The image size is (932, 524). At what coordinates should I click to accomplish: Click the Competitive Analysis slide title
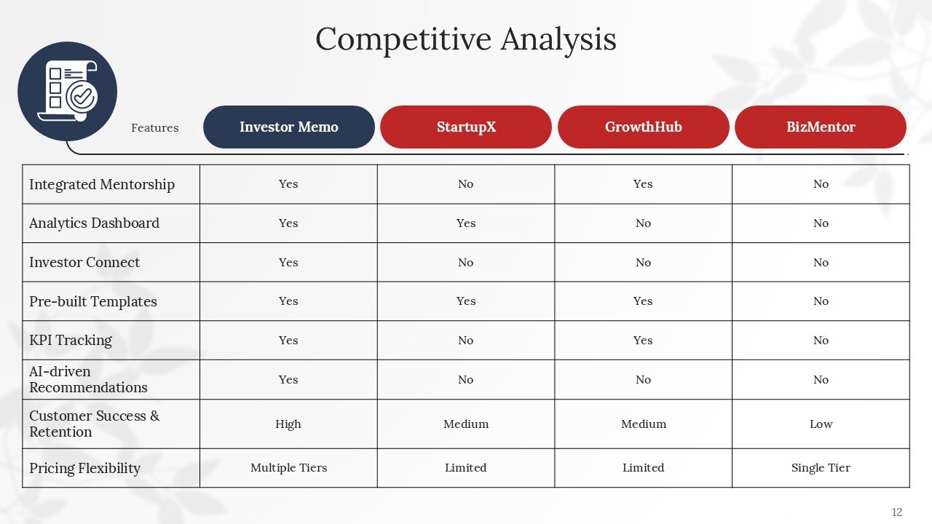(466, 39)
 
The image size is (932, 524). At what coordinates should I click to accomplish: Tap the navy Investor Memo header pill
(288, 127)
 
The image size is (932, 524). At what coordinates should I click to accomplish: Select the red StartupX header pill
(466, 127)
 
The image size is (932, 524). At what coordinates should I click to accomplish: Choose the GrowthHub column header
(643, 127)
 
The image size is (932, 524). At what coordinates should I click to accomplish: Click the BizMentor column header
(821, 127)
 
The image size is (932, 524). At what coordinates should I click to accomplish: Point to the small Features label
(154, 128)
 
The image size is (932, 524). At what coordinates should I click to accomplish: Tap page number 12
(896, 512)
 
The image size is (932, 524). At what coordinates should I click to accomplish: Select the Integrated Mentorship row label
(102, 184)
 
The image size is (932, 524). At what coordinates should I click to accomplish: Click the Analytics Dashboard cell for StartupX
(466, 223)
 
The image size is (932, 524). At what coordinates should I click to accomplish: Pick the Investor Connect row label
(84, 263)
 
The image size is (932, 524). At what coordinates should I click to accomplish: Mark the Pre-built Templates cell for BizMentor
(821, 301)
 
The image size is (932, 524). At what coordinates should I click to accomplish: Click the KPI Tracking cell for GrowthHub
(643, 341)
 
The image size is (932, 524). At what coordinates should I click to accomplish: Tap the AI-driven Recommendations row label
(88, 379)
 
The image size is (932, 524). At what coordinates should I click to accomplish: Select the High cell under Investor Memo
(288, 424)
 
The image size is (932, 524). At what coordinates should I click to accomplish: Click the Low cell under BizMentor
(821, 424)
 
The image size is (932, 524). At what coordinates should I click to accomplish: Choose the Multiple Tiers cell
(288, 468)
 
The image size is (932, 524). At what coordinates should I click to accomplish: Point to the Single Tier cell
(821, 468)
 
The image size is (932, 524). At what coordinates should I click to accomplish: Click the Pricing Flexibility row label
(84, 468)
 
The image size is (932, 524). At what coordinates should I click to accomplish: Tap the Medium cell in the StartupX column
(466, 424)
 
